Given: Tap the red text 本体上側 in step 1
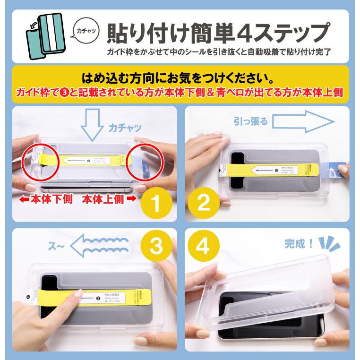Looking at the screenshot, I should tap(106, 199).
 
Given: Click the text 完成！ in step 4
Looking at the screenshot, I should tap(299, 244).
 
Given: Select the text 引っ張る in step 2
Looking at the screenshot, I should tap(250, 121).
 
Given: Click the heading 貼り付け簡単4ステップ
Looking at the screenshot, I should tap(217, 33).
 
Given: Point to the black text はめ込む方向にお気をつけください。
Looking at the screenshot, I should tap(180, 77).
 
